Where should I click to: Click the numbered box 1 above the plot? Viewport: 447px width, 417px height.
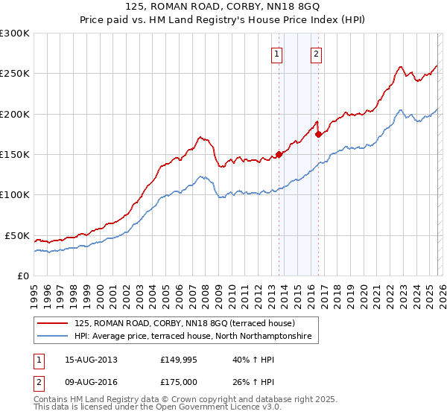click(277, 54)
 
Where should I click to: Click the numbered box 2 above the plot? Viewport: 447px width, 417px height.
click(316, 54)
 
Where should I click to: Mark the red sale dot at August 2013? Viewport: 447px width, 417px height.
click(279, 154)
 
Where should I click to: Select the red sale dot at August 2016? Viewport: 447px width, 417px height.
click(318, 134)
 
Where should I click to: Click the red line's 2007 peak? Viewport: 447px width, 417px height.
click(200, 137)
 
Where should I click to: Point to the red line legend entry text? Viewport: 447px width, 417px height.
click(185, 324)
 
